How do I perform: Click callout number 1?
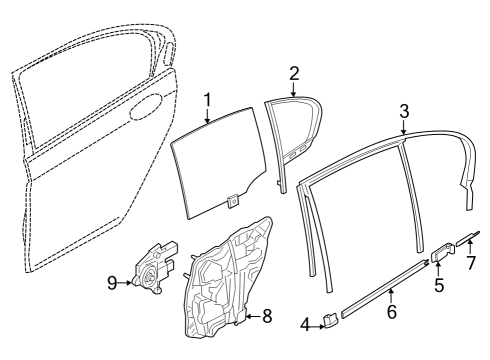pyautogui.click(x=207, y=100)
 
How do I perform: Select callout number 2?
pyautogui.click(x=294, y=72)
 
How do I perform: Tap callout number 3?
pyautogui.click(x=404, y=111)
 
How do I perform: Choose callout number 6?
pyautogui.click(x=392, y=313)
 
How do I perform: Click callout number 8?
pyautogui.click(x=266, y=317)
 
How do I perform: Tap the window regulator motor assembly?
pyautogui.click(x=155, y=268)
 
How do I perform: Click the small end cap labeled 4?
pyautogui.click(x=327, y=320)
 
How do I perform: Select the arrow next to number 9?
pyautogui.click(x=127, y=283)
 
